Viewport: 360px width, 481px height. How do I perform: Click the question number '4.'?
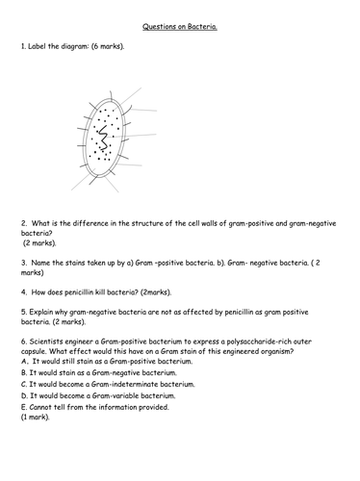click(23, 287)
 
